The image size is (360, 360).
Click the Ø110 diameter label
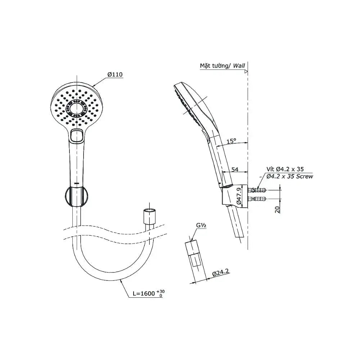coord(115,75)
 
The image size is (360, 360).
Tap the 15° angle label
coord(231,141)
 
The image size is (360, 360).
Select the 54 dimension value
coord(235,170)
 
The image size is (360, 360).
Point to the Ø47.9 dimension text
coord(238,196)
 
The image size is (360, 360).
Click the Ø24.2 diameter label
coord(221,272)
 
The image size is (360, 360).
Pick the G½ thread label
coord(201,225)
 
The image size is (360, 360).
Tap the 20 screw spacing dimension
coord(277,210)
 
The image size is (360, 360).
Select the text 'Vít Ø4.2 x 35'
coord(285,169)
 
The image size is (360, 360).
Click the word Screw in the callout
coord(305,176)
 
